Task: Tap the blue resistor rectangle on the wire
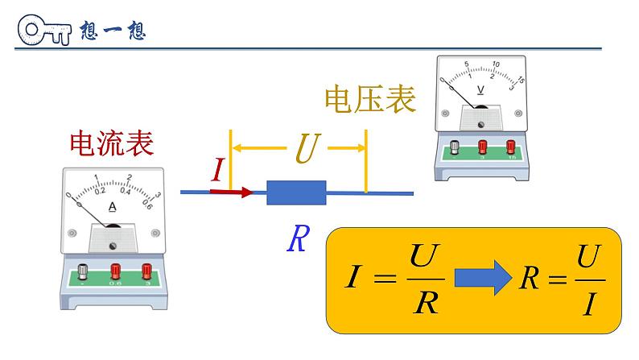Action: [x=295, y=192]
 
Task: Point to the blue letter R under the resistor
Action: [x=297, y=238]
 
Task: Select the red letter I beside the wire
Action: [x=217, y=169]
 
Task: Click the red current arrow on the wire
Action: [x=231, y=192]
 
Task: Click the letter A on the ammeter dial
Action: [x=112, y=207]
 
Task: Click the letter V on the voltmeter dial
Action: [x=480, y=90]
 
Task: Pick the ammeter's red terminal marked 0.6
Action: [x=114, y=271]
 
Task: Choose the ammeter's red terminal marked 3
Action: [x=146, y=271]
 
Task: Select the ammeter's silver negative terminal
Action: [x=81, y=271]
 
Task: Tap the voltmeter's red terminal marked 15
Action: [x=509, y=147]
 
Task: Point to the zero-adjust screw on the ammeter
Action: [x=113, y=245]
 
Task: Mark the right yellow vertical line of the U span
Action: [x=367, y=161]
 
